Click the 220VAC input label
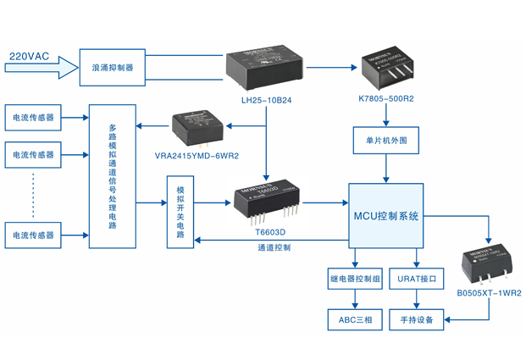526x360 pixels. click(x=30, y=57)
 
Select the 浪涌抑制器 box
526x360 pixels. click(x=112, y=67)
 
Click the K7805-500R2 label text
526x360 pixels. click(x=385, y=99)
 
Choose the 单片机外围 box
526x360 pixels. click(x=386, y=140)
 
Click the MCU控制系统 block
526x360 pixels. click(x=385, y=217)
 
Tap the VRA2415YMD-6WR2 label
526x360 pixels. click(x=197, y=156)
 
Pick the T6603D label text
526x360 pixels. click(x=269, y=231)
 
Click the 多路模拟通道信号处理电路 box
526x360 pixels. click(x=112, y=176)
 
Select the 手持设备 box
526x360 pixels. click(x=416, y=320)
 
